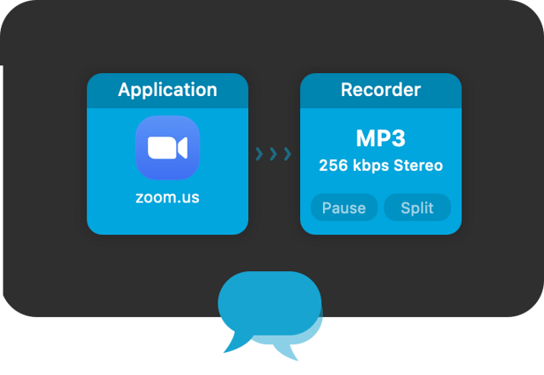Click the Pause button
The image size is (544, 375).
pos(344,207)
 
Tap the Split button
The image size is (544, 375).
pos(417,207)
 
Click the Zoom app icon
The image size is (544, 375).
pos(167,148)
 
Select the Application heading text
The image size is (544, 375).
pos(167,89)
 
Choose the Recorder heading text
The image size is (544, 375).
pos(381,89)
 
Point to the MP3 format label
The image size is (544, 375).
pos(381,139)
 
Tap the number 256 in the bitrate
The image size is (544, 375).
pos(333,166)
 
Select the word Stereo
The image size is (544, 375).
pos(419,166)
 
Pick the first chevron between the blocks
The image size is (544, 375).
pos(259,154)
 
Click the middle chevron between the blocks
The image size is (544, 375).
pos(274,154)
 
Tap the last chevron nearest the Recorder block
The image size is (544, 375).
pos(287,154)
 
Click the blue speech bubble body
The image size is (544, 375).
pos(269,303)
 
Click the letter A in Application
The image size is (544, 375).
pos(124,89)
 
